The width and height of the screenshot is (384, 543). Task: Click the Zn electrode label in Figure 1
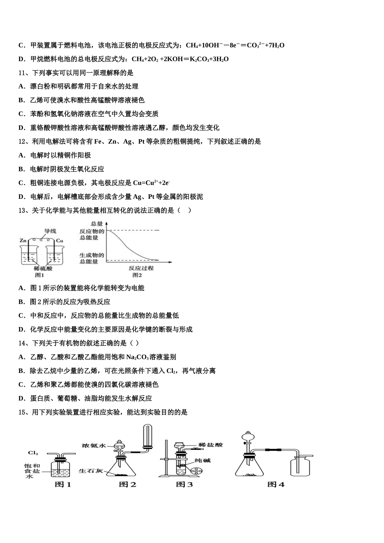[x=23, y=240]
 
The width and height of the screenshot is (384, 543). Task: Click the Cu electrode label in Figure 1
[x=59, y=240]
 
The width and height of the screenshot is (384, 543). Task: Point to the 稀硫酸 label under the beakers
[x=43, y=268]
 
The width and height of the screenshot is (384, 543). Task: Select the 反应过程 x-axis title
[x=141, y=268]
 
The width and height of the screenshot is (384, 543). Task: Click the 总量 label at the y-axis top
[x=97, y=223]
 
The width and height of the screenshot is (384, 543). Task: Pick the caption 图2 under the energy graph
[x=137, y=275]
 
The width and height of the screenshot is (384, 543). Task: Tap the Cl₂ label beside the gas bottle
[x=33, y=453]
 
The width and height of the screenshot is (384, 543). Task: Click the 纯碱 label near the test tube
[x=203, y=460]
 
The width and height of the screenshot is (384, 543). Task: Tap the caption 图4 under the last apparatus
[x=276, y=484]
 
